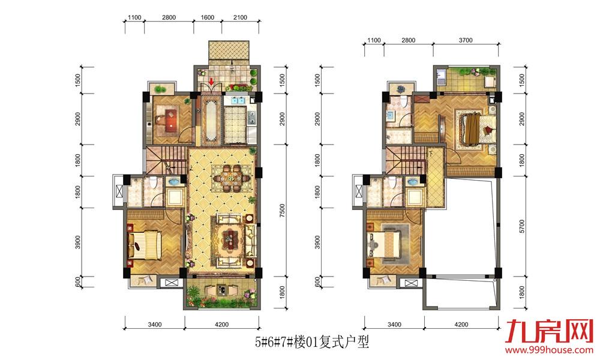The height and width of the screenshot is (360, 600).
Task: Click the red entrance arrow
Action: pyautogui.click(x=211, y=82)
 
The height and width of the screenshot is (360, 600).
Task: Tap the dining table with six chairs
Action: pyautogui.click(x=232, y=178)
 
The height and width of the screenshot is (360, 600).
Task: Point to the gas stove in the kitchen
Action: pyautogui.click(x=252, y=118)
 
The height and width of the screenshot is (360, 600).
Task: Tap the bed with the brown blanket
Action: pyautogui.click(x=475, y=128)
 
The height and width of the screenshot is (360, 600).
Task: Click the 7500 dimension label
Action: pyautogui.click(x=282, y=211)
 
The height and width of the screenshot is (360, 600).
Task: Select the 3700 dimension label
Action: pyautogui.click(x=466, y=40)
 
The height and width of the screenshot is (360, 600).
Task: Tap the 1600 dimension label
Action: pyautogui.click(x=208, y=17)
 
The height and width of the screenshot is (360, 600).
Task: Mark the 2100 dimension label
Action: pyautogui.click(x=240, y=17)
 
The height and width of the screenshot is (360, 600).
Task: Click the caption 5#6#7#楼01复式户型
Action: pyautogui.click(x=312, y=341)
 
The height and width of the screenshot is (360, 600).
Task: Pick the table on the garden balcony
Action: pyautogui.click(x=221, y=290)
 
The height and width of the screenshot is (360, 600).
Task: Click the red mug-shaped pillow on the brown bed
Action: pyautogui.click(x=488, y=130)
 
